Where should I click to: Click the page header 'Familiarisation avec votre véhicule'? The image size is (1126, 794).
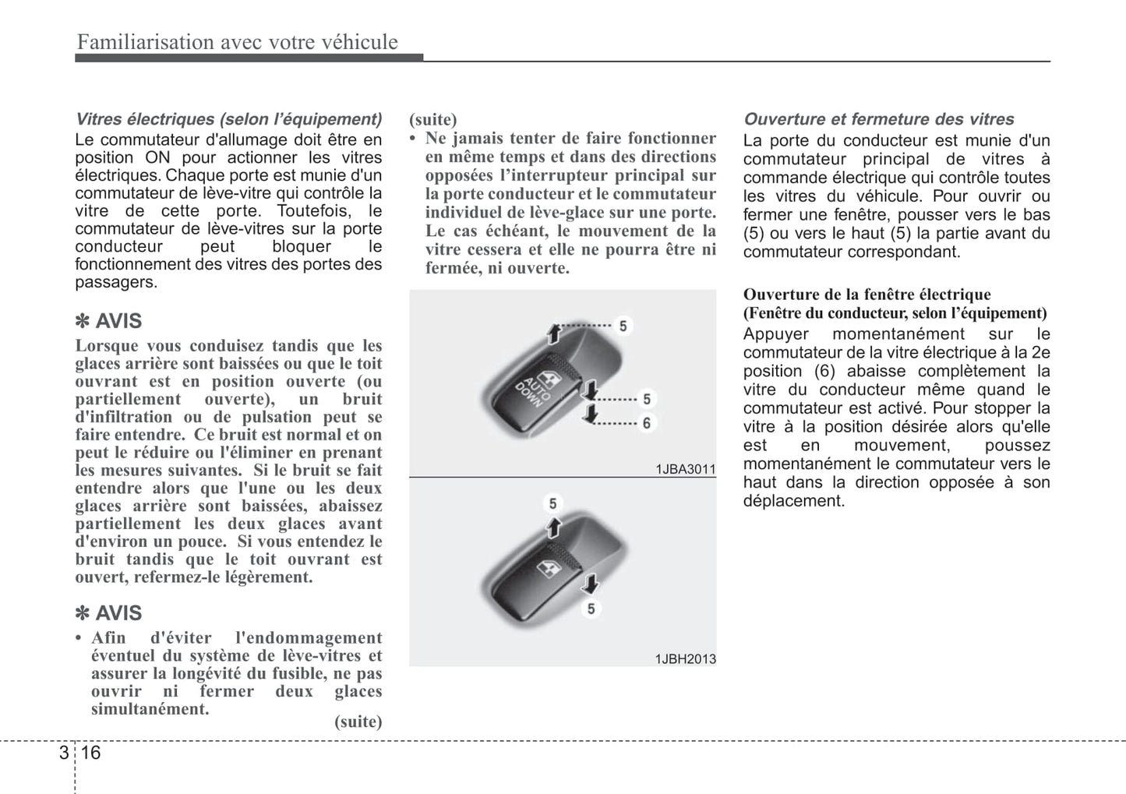(237, 42)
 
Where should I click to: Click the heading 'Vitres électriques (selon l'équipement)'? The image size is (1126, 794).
(228, 119)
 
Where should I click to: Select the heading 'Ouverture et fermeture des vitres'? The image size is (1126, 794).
(878, 119)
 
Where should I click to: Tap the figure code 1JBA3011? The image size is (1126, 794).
(685, 469)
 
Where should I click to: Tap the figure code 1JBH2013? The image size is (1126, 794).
(685, 658)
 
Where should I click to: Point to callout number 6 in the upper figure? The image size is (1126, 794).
(647, 423)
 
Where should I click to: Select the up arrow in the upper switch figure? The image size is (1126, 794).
(553, 333)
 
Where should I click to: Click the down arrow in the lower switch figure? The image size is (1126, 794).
(591, 584)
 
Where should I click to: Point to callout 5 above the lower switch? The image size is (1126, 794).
(552, 503)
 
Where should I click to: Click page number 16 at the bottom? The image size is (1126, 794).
(90, 752)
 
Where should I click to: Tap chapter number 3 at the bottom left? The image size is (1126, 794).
(62, 752)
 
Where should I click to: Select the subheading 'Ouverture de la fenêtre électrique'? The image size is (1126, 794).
(867, 295)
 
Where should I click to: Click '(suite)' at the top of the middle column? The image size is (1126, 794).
(433, 119)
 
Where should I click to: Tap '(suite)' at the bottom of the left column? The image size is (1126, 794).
(358, 721)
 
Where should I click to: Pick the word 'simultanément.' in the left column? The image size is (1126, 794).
(150, 709)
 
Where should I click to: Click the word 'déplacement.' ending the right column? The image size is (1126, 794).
(793, 501)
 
